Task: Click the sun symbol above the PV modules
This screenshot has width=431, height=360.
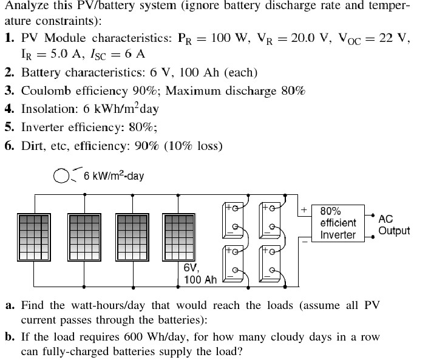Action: point(61,175)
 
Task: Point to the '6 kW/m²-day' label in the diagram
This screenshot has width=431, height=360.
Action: point(114,176)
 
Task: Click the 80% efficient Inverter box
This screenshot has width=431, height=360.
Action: point(338,223)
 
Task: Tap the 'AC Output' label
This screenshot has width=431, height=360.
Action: point(393,225)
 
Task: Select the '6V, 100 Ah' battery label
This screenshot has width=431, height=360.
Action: point(200,273)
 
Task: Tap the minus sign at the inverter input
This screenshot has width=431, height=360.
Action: point(304,240)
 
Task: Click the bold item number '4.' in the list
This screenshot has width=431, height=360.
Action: point(10,109)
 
